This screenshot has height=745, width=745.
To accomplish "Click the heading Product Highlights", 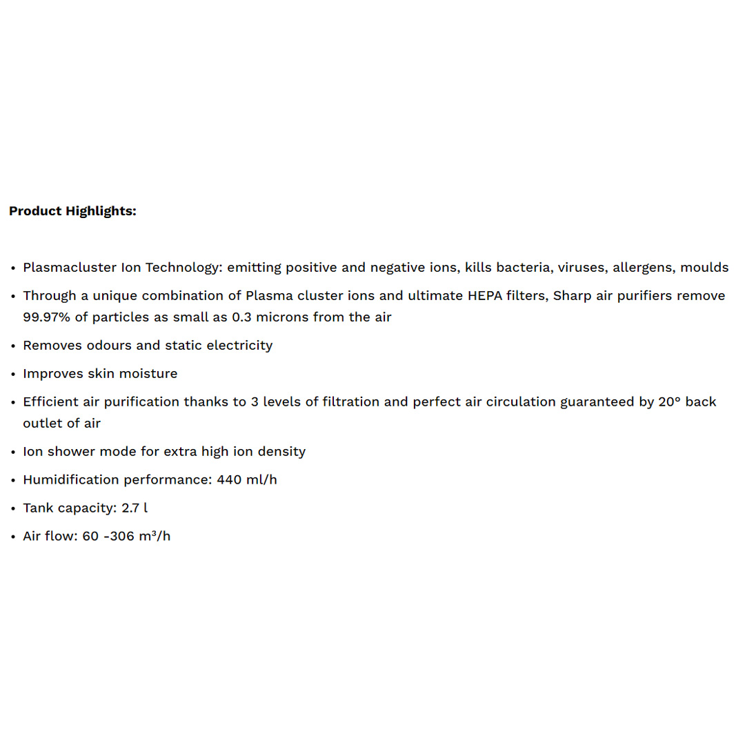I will tap(72, 211).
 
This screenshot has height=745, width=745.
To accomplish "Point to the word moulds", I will tap(704, 268).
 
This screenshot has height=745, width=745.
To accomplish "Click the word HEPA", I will tap(486, 296).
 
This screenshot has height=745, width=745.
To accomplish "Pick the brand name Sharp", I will tap(572, 296).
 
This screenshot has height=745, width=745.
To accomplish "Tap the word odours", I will tap(114, 346).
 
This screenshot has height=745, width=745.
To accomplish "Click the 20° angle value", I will tap(669, 402).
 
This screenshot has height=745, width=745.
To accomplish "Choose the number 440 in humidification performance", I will tap(229, 480).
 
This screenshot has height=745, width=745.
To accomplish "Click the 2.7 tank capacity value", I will tap(130, 508).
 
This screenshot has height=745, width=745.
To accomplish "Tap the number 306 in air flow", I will tap(121, 537).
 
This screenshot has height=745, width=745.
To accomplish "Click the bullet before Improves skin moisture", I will tap(13, 375).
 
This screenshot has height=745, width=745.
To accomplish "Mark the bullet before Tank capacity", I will tap(13, 509).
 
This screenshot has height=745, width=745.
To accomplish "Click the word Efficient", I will tap(50, 402).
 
